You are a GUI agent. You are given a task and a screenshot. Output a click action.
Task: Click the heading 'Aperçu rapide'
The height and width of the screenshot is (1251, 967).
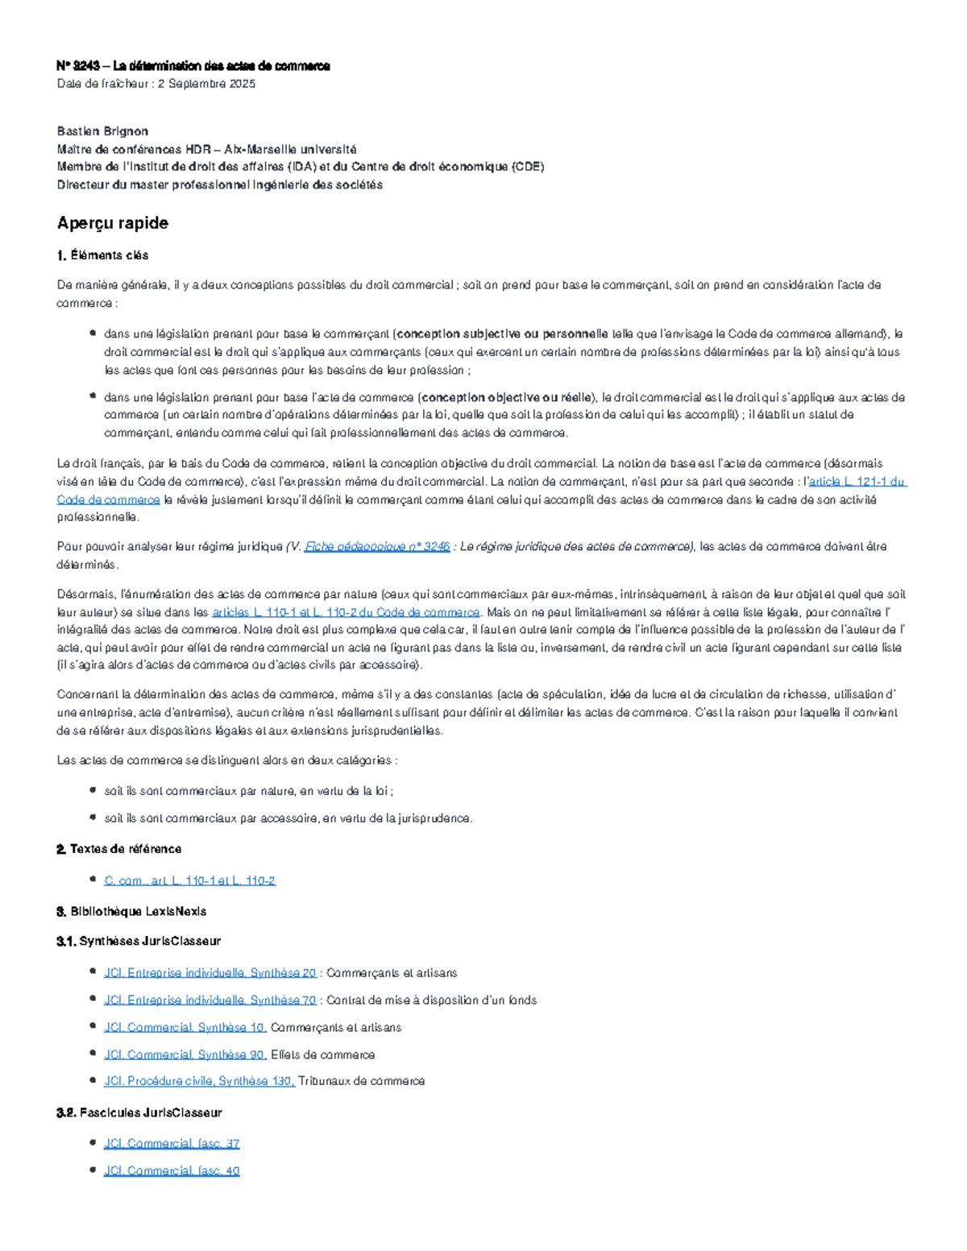tap(112, 223)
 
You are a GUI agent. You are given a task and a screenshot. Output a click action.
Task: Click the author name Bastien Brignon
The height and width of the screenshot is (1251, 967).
tap(102, 131)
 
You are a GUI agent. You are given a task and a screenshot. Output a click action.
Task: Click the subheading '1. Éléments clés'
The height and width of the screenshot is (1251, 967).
tap(102, 255)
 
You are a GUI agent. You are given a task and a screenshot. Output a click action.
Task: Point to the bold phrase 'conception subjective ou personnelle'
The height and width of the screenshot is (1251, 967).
tap(503, 334)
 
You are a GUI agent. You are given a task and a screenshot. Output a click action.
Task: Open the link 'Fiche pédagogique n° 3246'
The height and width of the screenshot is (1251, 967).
tap(376, 547)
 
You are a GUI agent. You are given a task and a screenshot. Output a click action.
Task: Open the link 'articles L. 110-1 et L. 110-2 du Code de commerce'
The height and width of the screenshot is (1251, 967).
tap(346, 612)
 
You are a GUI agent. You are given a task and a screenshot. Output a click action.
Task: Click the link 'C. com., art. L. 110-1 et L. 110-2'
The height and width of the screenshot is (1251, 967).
tap(189, 880)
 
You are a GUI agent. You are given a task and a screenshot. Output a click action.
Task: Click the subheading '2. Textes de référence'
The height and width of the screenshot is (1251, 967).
tap(118, 849)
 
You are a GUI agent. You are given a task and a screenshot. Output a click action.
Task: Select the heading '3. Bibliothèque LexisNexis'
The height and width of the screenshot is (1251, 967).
tap(131, 912)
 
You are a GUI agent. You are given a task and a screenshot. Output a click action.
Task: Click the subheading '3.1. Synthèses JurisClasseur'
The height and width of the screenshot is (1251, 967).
tap(138, 941)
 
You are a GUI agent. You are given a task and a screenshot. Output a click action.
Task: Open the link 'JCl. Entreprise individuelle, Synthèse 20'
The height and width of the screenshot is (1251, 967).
tap(210, 973)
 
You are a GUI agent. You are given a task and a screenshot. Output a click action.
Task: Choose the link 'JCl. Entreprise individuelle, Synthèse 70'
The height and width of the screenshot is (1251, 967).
tap(210, 1000)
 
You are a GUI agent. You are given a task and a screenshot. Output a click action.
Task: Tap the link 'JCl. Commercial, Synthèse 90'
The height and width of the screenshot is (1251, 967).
tap(185, 1054)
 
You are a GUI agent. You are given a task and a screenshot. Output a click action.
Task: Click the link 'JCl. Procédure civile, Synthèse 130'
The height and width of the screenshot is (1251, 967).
tap(198, 1081)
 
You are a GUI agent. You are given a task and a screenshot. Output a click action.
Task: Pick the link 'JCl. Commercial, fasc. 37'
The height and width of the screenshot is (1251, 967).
tap(172, 1144)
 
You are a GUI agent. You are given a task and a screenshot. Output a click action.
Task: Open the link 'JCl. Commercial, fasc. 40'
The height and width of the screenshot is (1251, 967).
tap(172, 1170)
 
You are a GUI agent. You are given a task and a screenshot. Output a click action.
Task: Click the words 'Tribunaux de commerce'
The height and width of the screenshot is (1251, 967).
tap(361, 1081)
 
